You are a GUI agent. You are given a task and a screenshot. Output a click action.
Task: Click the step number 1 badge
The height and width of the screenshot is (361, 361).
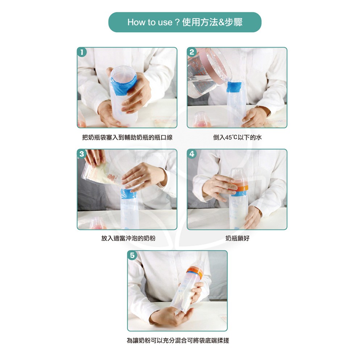pyautogui.click(x=82, y=52)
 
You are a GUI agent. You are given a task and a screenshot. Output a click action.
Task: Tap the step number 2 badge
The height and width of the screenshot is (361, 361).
pyautogui.click(x=192, y=52)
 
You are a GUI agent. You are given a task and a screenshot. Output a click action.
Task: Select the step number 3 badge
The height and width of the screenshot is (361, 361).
pyautogui.click(x=82, y=154)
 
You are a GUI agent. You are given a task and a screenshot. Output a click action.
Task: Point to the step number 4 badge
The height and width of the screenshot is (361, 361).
pyautogui.click(x=192, y=154)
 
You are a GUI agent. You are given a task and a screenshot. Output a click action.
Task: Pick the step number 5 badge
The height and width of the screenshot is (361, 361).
pyautogui.click(x=132, y=255)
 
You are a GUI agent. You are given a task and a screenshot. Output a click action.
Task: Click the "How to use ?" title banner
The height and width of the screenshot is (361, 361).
pyautogui.click(x=185, y=22)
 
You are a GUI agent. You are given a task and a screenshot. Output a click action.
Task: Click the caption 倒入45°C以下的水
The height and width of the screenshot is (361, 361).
pyautogui.click(x=237, y=137)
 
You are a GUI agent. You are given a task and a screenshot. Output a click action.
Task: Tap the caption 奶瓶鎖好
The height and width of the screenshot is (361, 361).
pyautogui.click(x=237, y=238)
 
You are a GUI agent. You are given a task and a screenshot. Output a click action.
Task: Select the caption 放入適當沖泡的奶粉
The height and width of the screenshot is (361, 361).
pyautogui.click(x=128, y=238)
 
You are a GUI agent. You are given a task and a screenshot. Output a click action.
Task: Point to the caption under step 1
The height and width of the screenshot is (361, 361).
pyautogui.click(x=127, y=137)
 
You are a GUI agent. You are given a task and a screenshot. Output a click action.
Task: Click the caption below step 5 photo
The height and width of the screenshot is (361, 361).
pyautogui.click(x=178, y=340)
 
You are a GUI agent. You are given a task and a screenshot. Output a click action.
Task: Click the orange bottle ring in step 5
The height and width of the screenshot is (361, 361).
pyautogui.click(x=195, y=272)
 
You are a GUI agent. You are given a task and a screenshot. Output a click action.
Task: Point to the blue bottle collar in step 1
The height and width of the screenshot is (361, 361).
pyautogui.click(x=124, y=85)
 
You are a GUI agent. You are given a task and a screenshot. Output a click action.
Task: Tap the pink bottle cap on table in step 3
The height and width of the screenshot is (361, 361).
pyautogui.click(x=98, y=223)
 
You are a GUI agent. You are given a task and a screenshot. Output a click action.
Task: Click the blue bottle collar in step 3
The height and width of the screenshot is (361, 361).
pyautogui.click(x=128, y=194)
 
